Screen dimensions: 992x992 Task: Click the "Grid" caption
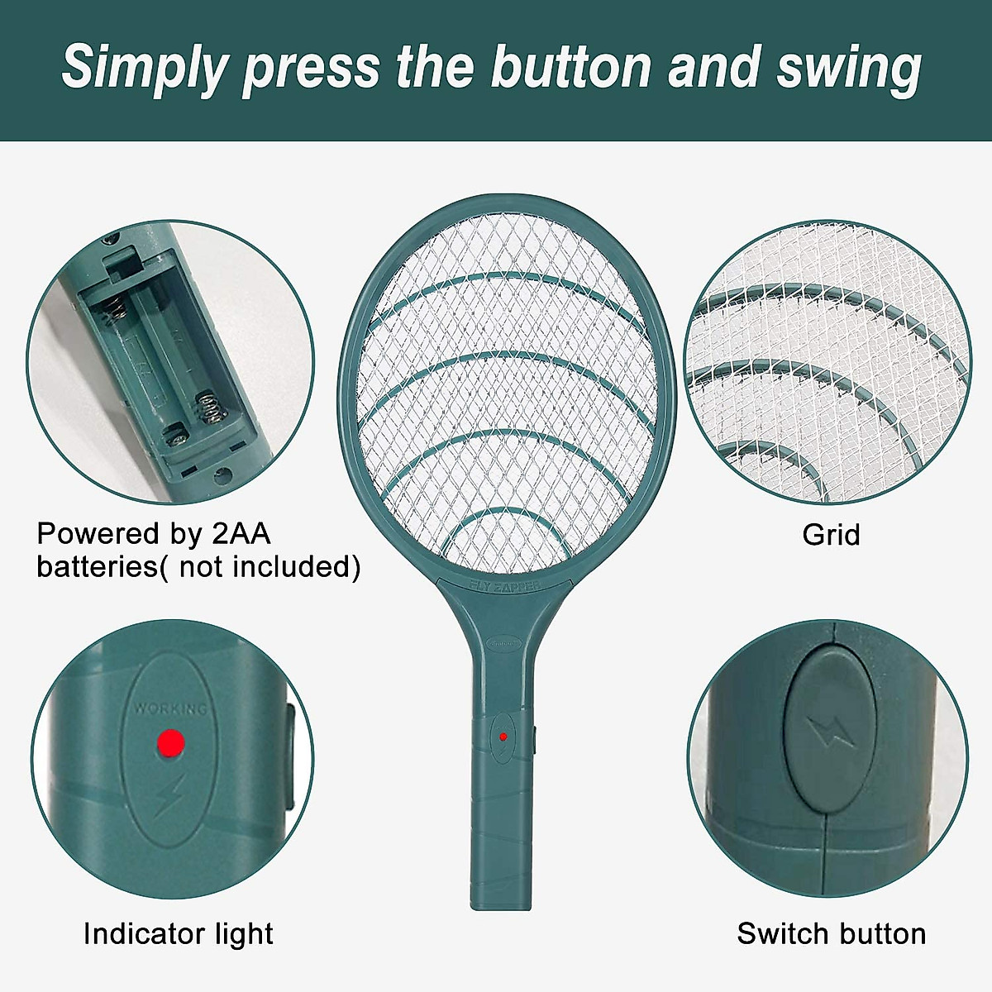831,535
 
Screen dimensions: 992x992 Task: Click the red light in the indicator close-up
170,742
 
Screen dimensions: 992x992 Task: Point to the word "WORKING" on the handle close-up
170,709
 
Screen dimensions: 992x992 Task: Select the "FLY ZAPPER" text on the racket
504,585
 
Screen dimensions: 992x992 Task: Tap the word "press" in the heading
310,68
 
